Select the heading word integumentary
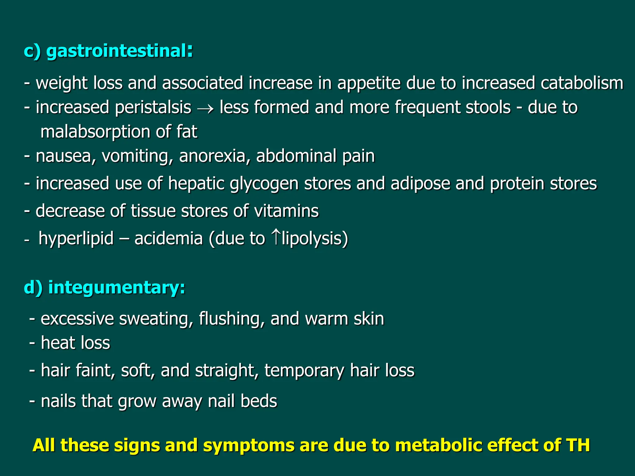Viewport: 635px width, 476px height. pyautogui.click(x=117, y=287)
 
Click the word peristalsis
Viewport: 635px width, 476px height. pyautogui.click(x=153, y=108)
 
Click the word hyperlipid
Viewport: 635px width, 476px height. pyautogui.click(x=76, y=239)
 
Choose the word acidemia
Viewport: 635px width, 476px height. pyautogui.click(x=168, y=239)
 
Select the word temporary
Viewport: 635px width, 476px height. pyautogui.click(x=304, y=371)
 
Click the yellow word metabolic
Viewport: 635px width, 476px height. pyautogui.click(x=438, y=445)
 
